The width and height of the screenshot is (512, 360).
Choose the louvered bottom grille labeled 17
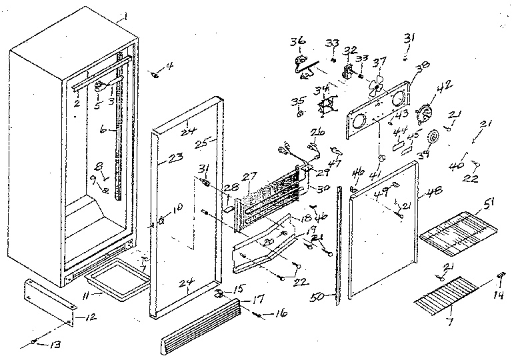coord(200,327)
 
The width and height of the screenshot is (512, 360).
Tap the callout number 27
coord(249,176)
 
